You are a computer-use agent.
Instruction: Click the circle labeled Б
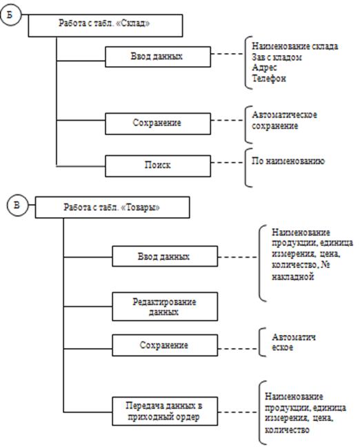(x=10, y=15)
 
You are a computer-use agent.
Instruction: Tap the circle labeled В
(x=17, y=205)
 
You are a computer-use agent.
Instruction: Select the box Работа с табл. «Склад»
(x=106, y=26)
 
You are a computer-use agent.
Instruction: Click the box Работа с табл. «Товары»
(x=112, y=207)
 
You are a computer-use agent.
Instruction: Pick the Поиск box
(x=158, y=165)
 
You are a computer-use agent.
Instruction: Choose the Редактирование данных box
(x=165, y=306)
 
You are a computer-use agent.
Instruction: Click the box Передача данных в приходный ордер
(x=165, y=411)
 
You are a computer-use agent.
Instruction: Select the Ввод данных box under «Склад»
(x=158, y=57)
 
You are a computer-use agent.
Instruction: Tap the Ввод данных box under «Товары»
(x=165, y=256)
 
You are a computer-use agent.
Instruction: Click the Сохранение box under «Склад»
(x=158, y=123)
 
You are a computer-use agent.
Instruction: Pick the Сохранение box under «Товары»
(x=165, y=345)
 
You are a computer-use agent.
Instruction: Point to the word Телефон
(x=269, y=78)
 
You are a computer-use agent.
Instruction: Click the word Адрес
(x=264, y=68)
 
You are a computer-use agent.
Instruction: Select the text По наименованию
(x=288, y=161)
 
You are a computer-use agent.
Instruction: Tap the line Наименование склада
(x=294, y=46)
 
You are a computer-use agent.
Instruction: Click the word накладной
(x=293, y=276)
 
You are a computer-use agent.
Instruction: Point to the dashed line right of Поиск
(x=228, y=163)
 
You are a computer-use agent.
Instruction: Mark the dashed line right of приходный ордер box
(x=238, y=412)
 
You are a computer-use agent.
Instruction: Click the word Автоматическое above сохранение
(x=284, y=115)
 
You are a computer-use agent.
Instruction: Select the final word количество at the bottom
(x=287, y=429)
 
